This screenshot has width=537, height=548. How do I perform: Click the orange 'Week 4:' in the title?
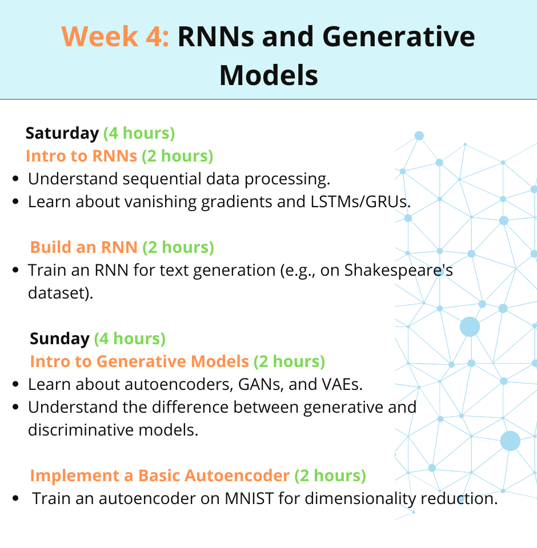(115, 37)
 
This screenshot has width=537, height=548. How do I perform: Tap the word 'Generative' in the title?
(398, 37)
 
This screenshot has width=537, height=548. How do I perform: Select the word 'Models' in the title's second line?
(268, 75)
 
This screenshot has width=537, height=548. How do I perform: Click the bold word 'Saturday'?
(62, 134)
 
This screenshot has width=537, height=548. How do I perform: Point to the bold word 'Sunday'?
(59, 339)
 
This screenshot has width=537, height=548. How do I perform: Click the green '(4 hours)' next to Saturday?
(139, 134)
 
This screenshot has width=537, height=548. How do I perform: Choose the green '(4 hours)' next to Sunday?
(130, 339)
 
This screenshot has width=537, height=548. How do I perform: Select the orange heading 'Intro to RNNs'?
(82, 156)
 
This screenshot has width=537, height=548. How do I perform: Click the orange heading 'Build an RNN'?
(83, 247)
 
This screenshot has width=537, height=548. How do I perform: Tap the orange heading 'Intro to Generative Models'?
(139, 362)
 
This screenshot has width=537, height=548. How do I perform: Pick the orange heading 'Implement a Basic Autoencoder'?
(160, 476)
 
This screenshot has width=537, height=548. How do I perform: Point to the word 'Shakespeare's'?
(398, 271)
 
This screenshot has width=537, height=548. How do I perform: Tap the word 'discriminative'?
(81, 430)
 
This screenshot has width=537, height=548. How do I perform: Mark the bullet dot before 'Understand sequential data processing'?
(15, 179)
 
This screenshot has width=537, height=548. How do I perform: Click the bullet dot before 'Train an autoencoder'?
(15, 498)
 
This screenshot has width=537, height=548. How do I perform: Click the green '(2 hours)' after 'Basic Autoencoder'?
(330, 476)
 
